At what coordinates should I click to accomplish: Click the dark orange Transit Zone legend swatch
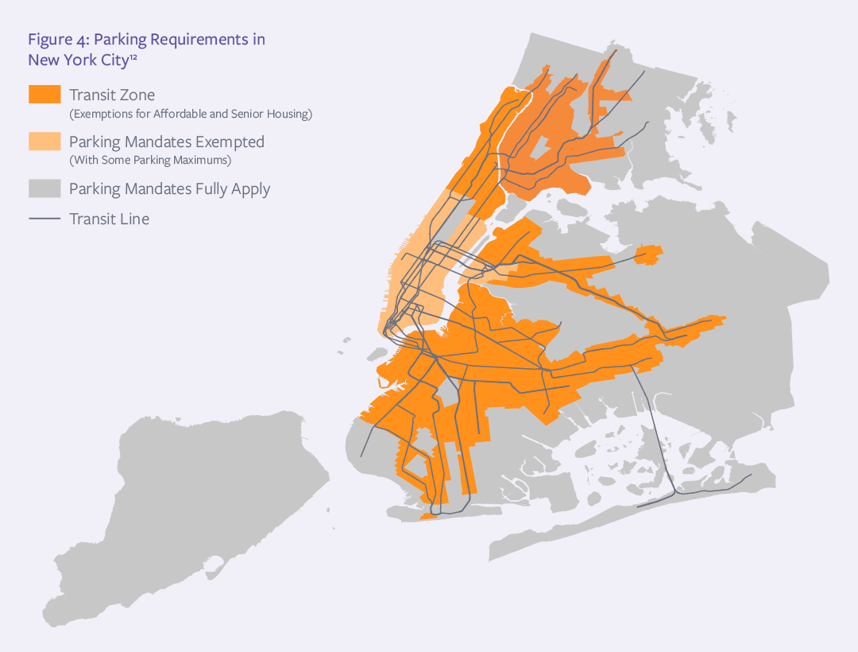[44, 95]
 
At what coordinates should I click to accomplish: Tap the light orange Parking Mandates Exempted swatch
[44, 142]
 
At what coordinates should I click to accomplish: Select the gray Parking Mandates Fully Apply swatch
[44, 188]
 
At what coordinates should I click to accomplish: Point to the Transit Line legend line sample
[44, 219]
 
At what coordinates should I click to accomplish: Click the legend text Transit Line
[109, 219]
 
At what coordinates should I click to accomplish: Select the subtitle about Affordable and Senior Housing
[191, 114]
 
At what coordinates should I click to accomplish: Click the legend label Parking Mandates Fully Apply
[169, 189]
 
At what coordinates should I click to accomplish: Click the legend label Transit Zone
[112, 95]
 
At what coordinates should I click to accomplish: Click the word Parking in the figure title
[122, 40]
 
